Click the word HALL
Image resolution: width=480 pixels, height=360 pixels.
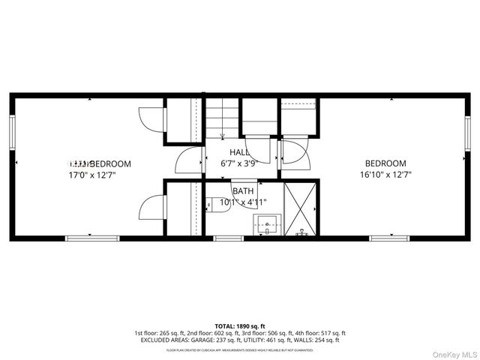(x=239, y=152)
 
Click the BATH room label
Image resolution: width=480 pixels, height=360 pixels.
(x=242, y=191)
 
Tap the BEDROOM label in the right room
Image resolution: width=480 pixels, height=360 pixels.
(x=385, y=163)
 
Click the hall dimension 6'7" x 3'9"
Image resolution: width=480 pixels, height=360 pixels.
(x=239, y=163)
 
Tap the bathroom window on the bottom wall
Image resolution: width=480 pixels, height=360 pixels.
(x=223, y=238)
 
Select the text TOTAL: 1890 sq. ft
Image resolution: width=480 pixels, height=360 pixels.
(x=239, y=326)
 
